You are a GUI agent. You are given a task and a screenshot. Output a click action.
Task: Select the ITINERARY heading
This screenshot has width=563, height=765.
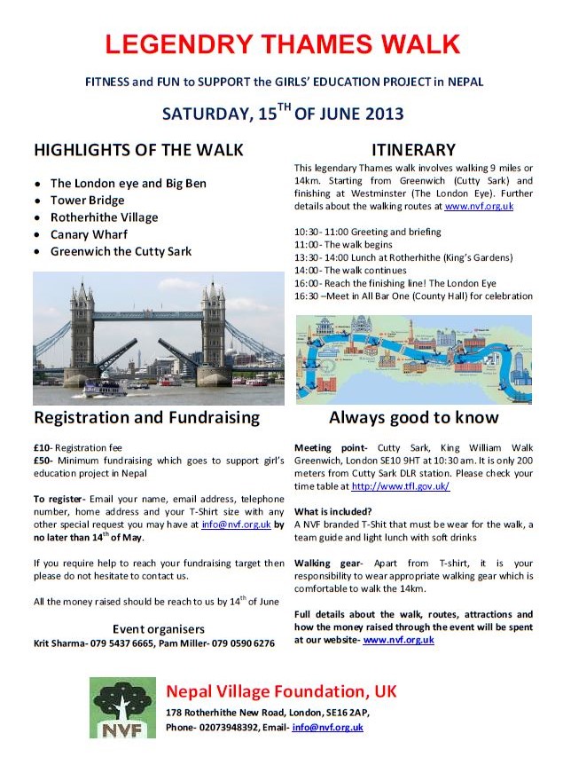pos(413,149)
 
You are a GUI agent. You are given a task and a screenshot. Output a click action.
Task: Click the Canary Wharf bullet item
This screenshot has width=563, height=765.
pos(90,234)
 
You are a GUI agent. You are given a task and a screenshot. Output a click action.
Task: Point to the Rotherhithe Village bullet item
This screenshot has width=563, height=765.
pos(105,217)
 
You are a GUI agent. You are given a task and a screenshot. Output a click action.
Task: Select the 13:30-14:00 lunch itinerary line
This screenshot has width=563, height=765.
pos(403,257)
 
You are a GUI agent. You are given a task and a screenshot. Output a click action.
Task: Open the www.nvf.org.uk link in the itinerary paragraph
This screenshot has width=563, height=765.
pos(479,206)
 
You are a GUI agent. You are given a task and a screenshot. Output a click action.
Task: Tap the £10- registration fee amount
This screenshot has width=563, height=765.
pos(43,449)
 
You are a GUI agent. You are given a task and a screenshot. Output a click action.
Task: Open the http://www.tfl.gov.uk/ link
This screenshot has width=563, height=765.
pos(401,486)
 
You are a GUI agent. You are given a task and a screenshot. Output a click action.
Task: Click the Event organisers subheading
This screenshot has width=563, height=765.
pos(159,629)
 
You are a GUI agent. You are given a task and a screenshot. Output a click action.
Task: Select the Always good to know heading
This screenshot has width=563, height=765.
pos(413,417)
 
